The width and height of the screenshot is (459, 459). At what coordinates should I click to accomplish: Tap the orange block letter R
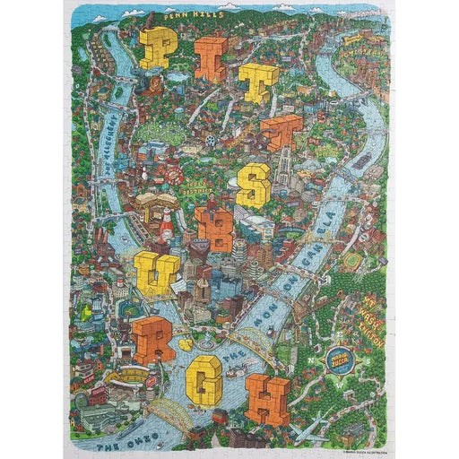153,338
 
